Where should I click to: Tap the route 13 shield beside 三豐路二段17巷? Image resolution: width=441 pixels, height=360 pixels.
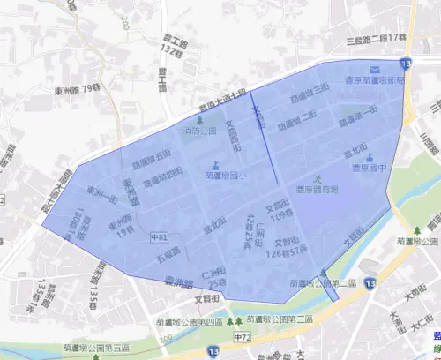click(x=404, y=64)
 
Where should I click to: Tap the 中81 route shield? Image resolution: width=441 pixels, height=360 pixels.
click(x=159, y=237)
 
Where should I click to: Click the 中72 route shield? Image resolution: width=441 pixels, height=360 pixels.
click(x=241, y=338)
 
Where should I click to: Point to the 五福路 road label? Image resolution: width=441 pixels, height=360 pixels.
click(x=169, y=256)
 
